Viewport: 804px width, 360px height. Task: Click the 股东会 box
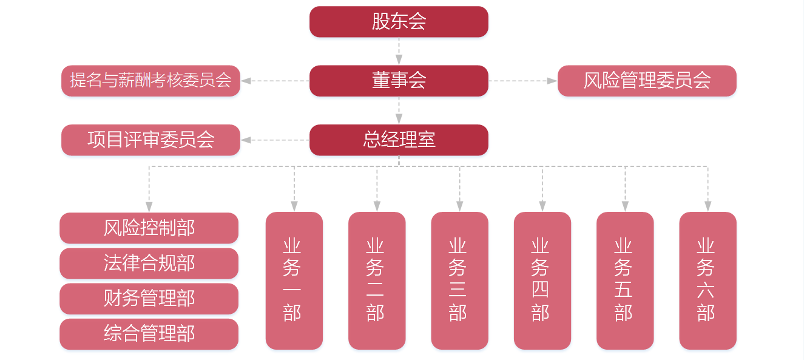[399, 22]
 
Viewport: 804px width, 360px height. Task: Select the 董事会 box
[399, 81]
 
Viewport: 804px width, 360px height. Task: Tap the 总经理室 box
[399, 140]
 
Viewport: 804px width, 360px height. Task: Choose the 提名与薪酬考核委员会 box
[150, 81]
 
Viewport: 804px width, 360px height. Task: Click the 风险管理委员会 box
[646, 81]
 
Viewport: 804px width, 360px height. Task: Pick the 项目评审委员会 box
[150, 140]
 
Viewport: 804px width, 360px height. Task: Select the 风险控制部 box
[149, 228]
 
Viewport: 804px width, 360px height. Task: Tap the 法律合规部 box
[149, 263]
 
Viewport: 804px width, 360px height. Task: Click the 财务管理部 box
[149, 298]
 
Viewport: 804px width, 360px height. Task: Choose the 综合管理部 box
[149, 333]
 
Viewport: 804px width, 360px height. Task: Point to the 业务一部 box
[294, 280]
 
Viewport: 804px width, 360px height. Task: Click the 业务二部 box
[377, 280]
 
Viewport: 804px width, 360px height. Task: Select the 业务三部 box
[459, 280]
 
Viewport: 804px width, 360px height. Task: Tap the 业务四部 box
[542, 280]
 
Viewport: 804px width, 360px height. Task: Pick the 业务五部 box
[624, 280]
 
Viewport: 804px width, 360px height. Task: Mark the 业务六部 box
[708, 280]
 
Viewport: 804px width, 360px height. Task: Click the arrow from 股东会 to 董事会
[399, 51]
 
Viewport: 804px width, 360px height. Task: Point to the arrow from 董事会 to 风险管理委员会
[522, 81]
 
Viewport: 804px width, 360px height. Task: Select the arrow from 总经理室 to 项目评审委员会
[275, 140]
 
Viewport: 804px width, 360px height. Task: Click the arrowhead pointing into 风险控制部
[149, 207]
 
